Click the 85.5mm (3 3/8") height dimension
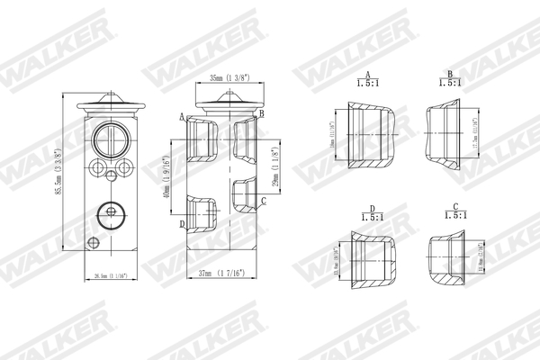point(58,177)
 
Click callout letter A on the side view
point(183,117)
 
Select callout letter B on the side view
point(261,114)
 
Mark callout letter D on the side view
point(183,224)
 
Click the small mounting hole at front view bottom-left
point(91,242)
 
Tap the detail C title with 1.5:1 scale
point(455,213)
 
